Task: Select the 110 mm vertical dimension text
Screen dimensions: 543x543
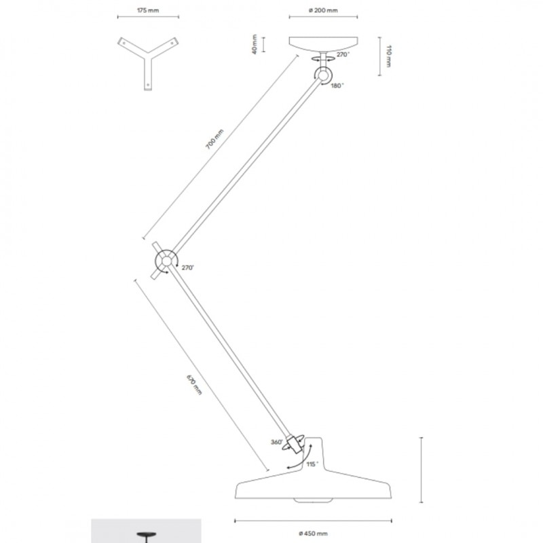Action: click(x=388, y=56)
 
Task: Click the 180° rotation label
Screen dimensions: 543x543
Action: click(x=338, y=86)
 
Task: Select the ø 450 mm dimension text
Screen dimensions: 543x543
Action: click(x=313, y=533)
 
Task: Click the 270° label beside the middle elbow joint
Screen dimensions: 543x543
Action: click(x=187, y=268)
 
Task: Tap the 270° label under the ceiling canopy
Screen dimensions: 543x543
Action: click(x=342, y=54)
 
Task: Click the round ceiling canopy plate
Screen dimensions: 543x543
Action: click(x=323, y=43)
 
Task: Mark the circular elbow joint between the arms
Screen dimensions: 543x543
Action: click(x=166, y=261)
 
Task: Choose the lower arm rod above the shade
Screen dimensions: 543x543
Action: click(x=231, y=354)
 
